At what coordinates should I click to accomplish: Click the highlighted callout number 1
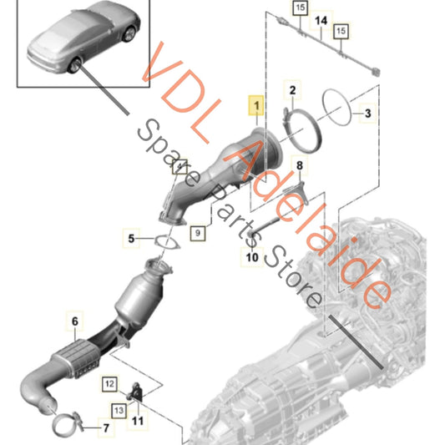click(x=254, y=106)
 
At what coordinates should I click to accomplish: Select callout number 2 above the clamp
click(x=292, y=88)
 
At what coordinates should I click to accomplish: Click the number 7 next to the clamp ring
click(x=105, y=431)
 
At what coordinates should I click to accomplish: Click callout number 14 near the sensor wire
click(x=321, y=18)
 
